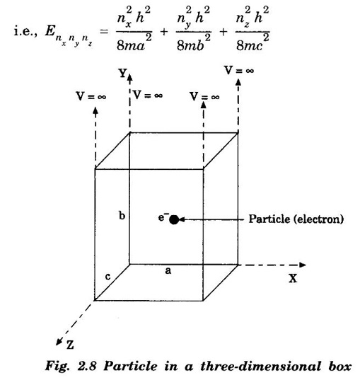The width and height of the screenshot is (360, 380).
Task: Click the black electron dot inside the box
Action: coord(174,219)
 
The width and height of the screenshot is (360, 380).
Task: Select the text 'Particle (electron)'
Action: coord(296,219)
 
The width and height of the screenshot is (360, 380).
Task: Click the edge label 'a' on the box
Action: coord(168,270)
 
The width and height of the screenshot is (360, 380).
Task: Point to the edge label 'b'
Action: coord(122,215)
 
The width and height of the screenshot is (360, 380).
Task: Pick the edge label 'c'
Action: coord(108,277)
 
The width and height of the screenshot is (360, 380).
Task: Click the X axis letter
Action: coord(293,279)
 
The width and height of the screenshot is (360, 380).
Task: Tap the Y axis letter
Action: coord(122,73)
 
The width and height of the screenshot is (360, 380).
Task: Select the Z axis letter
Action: coord(70,345)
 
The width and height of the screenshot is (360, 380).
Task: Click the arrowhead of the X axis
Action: coord(303,265)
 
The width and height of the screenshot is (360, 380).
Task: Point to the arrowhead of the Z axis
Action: coord(59,342)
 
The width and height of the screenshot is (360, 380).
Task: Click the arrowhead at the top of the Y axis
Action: coord(130,78)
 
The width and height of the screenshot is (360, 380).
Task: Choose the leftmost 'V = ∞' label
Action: coord(91,96)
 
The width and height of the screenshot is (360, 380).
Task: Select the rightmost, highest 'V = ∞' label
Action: coord(239,71)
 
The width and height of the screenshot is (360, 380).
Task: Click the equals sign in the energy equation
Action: coord(104,31)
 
